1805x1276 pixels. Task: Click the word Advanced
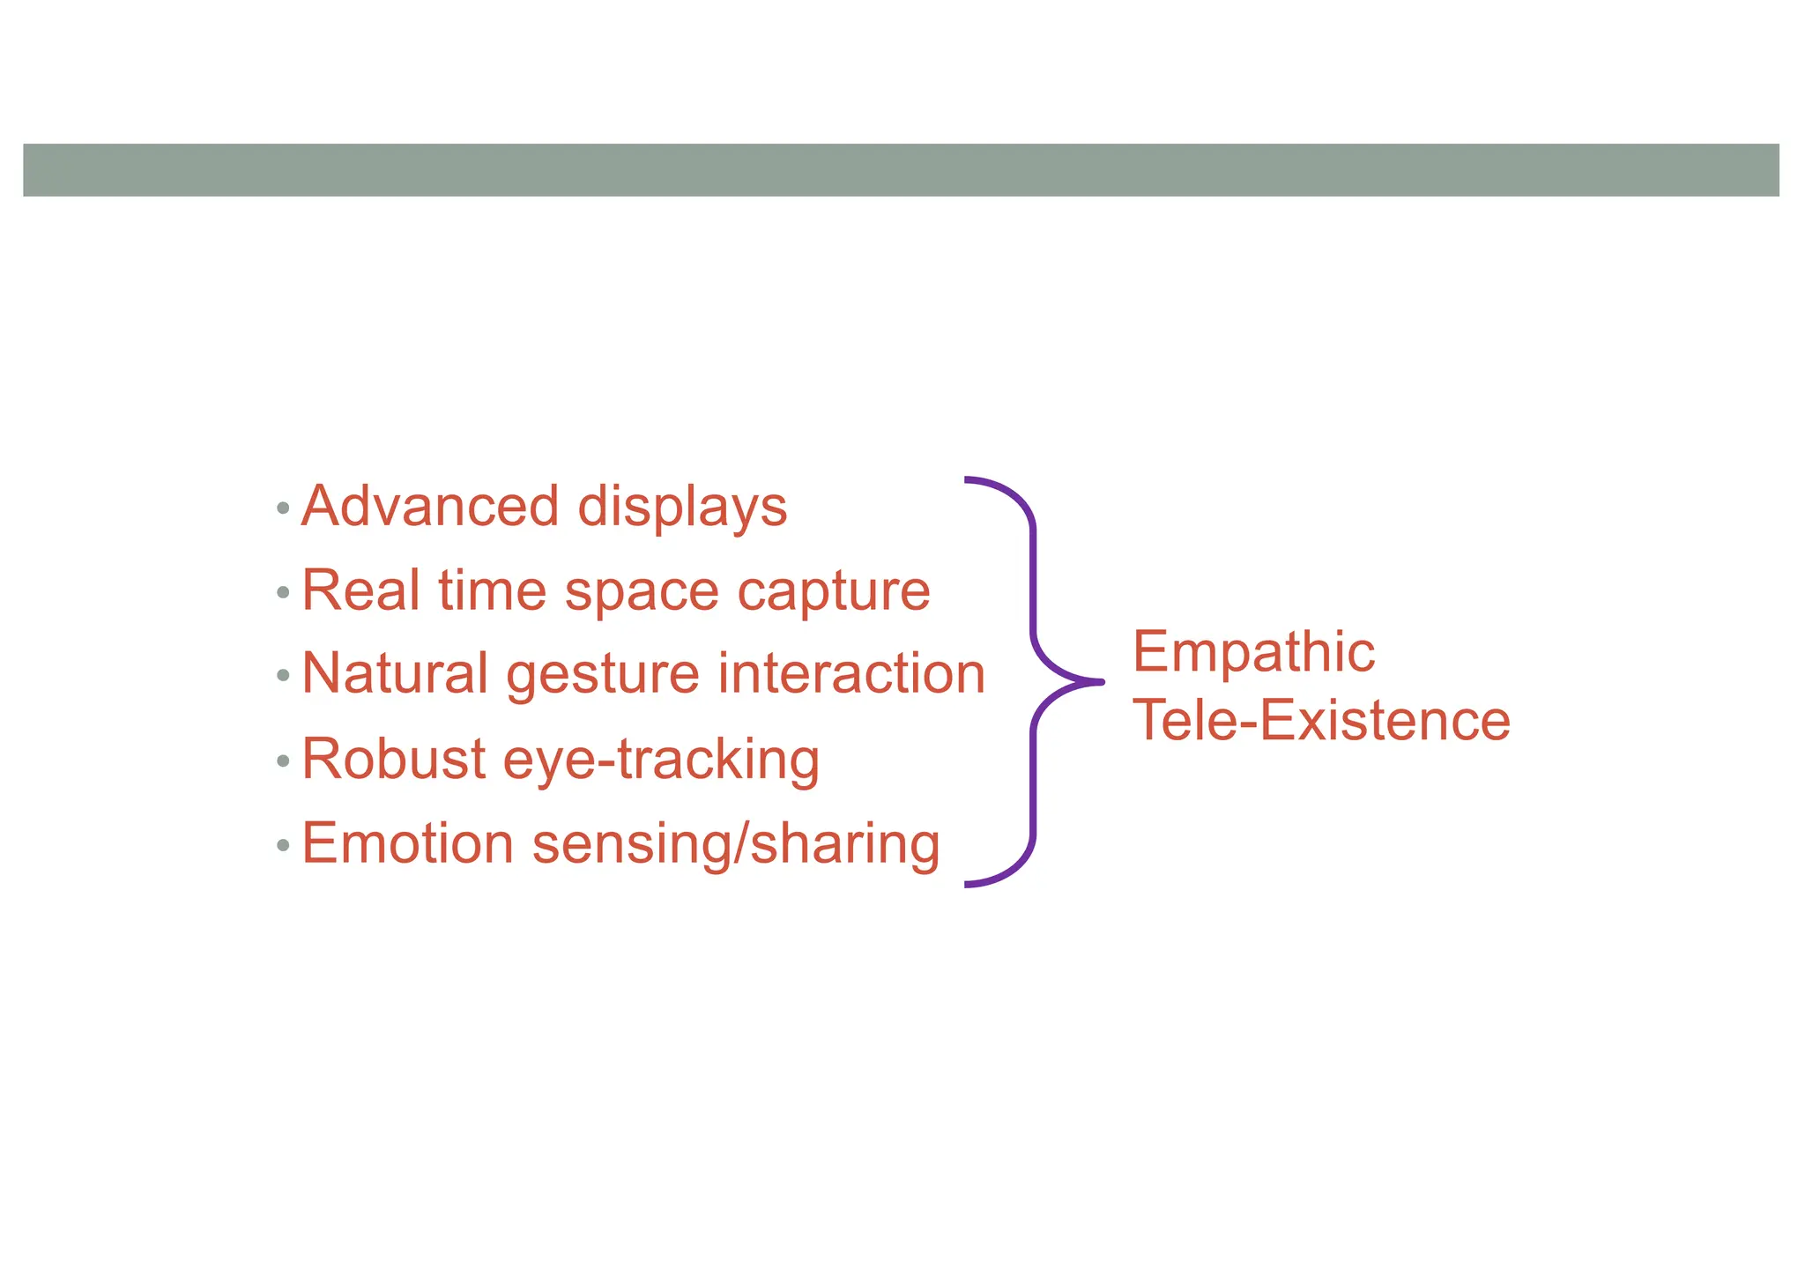click(x=430, y=507)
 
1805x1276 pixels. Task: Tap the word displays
click(x=682, y=508)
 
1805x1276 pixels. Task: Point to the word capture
click(x=834, y=592)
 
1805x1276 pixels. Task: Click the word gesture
click(x=603, y=676)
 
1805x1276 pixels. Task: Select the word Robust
click(x=394, y=758)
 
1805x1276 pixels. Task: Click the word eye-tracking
click(x=661, y=760)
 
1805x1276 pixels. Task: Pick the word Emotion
click(x=408, y=843)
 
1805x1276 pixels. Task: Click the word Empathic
click(x=1253, y=652)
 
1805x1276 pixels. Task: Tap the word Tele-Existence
click(x=1321, y=720)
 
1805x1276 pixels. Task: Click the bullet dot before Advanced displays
click(x=283, y=508)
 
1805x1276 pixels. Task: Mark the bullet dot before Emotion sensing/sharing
click(x=283, y=845)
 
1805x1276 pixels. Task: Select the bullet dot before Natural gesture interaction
click(x=283, y=676)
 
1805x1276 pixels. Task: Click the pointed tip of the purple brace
click(x=1100, y=681)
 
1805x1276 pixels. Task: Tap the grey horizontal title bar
click(x=901, y=170)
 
